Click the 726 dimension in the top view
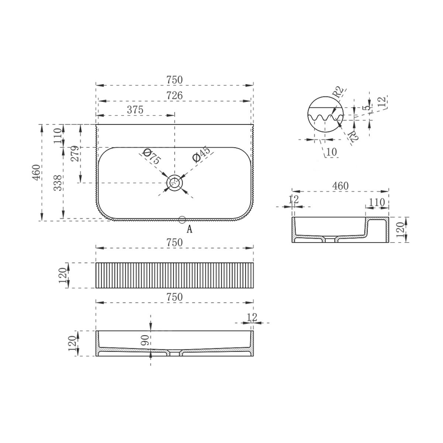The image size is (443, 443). pos(174,95)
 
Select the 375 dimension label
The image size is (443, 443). pos(135,110)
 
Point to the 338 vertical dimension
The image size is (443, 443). pos(58,183)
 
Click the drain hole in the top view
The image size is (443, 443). pos(174,183)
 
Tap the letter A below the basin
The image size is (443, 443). pos(189,228)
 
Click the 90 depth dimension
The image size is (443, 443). pos(145,340)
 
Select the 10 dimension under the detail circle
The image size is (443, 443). pos(331,152)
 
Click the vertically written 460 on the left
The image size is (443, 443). pos(36,172)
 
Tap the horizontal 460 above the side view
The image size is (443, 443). pos(340,186)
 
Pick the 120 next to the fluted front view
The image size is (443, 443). pos(63,275)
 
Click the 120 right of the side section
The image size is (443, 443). pos(400,229)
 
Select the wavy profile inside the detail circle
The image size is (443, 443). pos(324,119)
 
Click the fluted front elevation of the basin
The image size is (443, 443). pos(174,275)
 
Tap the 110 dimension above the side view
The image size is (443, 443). pos(376,202)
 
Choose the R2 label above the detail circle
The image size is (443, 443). pos(337,92)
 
